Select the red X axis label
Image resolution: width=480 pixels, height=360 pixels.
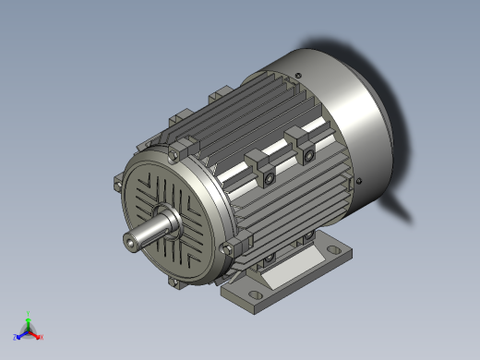coord(42,337)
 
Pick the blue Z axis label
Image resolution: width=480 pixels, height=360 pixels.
coord(17,337)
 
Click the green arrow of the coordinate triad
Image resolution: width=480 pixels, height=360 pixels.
coord(30,322)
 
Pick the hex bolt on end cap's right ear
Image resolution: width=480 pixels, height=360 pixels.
coord(229,247)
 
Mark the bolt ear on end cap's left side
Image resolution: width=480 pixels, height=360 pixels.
coord(118,183)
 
